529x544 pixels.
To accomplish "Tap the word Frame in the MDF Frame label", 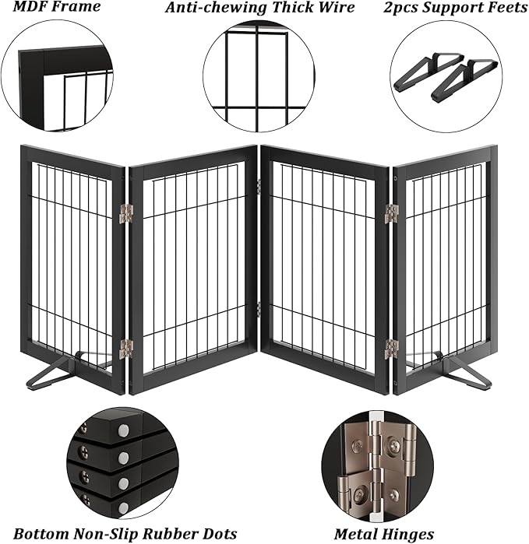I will (x=79, y=8).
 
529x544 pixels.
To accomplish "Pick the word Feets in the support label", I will (x=504, y=8).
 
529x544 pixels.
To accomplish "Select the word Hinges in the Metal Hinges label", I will (x=407, y=534).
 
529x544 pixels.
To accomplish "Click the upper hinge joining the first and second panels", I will (x=126, y=213).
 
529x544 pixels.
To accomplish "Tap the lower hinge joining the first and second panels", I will (x=126, y=349).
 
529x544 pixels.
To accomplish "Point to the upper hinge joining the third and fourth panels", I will (x=391, y=213).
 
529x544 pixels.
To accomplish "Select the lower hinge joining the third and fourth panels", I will (x=391, y=349).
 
